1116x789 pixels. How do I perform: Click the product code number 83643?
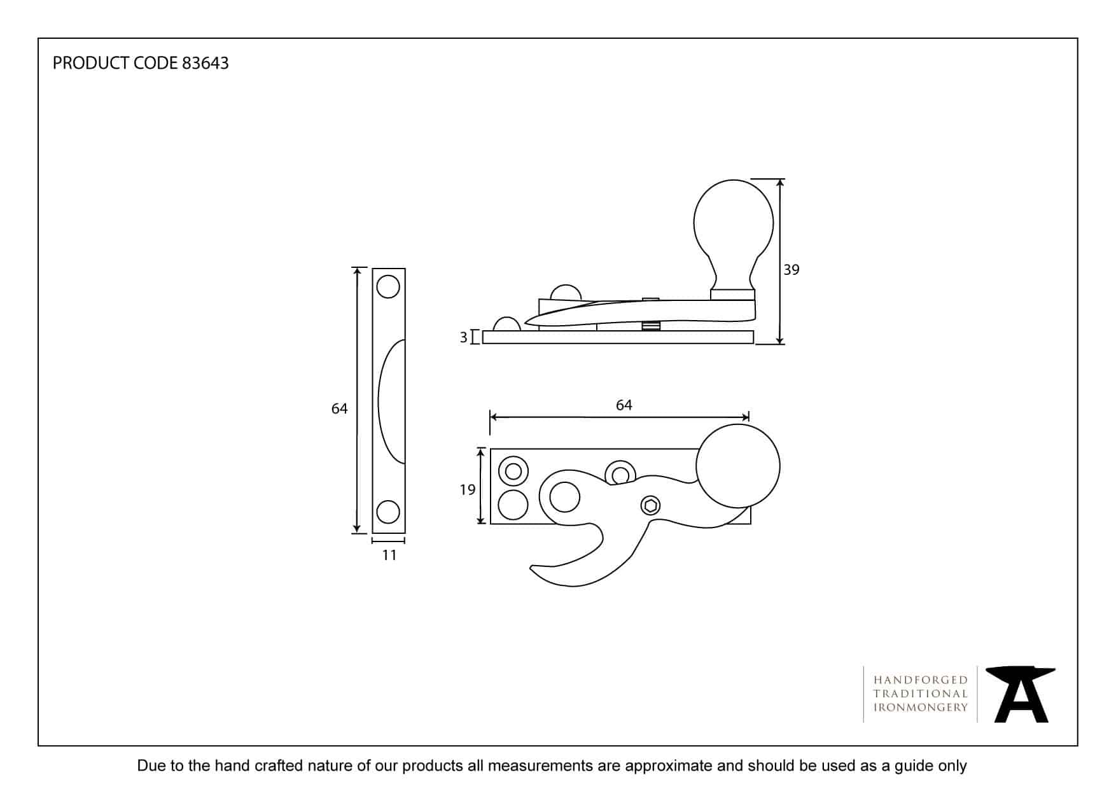(x=205, y=63)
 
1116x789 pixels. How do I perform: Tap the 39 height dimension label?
(x=791, y=270)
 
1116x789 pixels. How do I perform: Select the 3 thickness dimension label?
(x=464, y=337)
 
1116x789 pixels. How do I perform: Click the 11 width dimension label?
(x=389, y=555)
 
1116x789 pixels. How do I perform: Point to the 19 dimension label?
(x=468, y=489)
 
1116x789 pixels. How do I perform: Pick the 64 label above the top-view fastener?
(x=624, y=405)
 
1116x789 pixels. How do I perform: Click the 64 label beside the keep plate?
(x=339, y=408)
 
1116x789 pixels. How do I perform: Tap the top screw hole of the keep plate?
(x=388, y=286)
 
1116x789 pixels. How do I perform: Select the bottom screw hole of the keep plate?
(x=388, y=512)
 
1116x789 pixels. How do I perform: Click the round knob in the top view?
(x=738, y=466)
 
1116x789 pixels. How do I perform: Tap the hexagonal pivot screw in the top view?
(x=650, y=506)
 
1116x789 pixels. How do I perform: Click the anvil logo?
(x=1021, y=694)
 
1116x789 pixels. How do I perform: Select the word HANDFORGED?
(x=921, y=680)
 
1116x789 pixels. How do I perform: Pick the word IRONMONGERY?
(x=921, y=708)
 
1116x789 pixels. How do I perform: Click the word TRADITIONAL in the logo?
(x=921, y=694)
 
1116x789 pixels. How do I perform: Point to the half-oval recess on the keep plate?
(x=392, y=401)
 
